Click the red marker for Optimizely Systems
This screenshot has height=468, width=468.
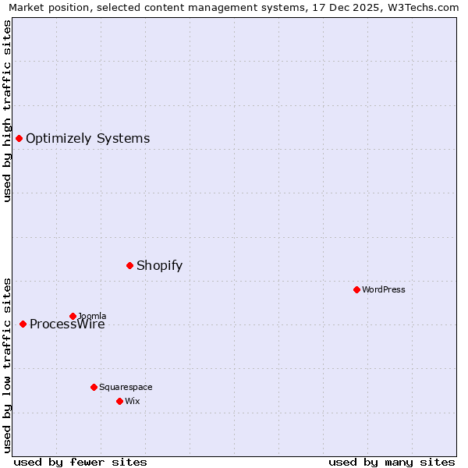[x=19, y=138]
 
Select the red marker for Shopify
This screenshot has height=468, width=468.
[x=129, y=265]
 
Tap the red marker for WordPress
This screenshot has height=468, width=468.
[x=356, y=289]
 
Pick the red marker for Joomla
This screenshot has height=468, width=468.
[x=73, y=316]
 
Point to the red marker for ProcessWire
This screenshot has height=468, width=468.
[x=23, y=324]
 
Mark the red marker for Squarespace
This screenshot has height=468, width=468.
[x=94, y=387]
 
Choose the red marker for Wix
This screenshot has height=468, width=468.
[x=119, y=401]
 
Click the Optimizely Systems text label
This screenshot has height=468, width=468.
[x=87, y=139]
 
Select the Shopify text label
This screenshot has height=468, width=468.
[x=159, y=266]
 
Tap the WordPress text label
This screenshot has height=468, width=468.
[x=384, y=290]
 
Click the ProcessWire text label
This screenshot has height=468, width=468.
[x=67, y=325]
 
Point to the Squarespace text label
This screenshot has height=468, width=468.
[x=126, y=388]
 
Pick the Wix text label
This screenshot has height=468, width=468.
[x=132, y=402]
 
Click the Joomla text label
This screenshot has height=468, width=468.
[x=92, y=316]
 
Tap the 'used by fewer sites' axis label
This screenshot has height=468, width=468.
[x=80, y=462]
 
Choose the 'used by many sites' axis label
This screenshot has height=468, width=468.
[x=392, y=462]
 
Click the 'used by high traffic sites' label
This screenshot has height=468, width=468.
[x=8, y=111]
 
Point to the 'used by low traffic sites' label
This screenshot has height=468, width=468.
[x=8, y=364]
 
